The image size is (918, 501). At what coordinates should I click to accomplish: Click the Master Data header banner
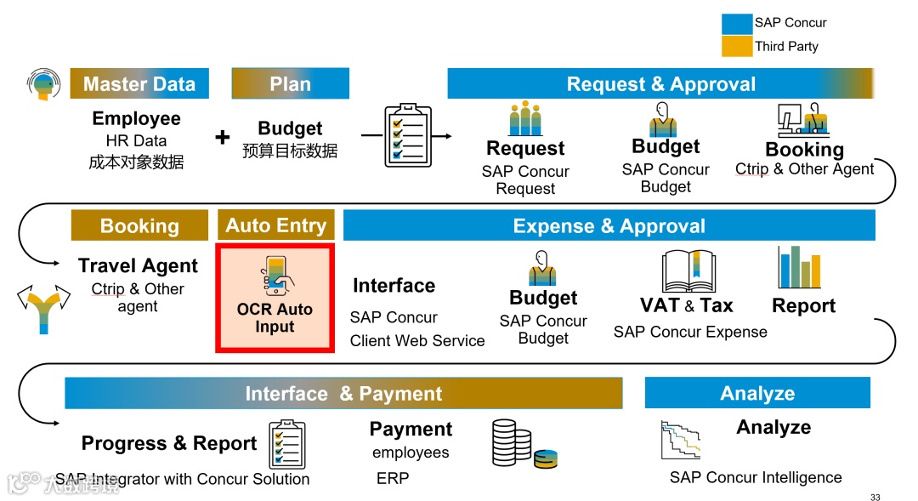tap(139, 84)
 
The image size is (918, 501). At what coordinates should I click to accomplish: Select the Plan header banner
tap(290, 84)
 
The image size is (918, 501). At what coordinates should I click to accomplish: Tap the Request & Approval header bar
tap(660, 84)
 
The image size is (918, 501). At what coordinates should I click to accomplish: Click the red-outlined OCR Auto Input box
tap(275, 298)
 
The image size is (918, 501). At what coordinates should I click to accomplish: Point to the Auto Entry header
tap(275, 225)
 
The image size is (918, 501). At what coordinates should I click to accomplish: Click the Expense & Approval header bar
tap(609, 226)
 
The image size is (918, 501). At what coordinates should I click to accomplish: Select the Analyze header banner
tap(757, 393)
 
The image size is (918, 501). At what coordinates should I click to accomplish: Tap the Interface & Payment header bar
tap(343, 394)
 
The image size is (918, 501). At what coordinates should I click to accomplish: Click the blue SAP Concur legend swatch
tap(736, 23)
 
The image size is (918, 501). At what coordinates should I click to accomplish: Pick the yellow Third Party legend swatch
tap(736, 46)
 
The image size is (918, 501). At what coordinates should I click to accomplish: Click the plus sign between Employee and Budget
tap(223, 137)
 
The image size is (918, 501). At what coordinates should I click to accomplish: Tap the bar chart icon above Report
tap(799, 267)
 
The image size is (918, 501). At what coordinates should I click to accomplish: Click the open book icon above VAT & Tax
tap(688, 271)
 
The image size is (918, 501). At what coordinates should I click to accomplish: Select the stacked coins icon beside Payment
tap(524, 444)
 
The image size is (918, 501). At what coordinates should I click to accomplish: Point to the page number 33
tap(875, 498)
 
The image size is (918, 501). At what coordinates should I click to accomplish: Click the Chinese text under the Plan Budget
tap(290, 151)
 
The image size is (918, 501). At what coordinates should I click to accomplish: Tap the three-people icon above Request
tap(525, 119)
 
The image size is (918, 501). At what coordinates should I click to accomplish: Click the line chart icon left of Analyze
tap(680, 440)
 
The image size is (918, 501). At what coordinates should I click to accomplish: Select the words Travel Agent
tap(138, 266)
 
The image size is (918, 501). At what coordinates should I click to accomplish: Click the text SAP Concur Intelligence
tap(756, 477)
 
